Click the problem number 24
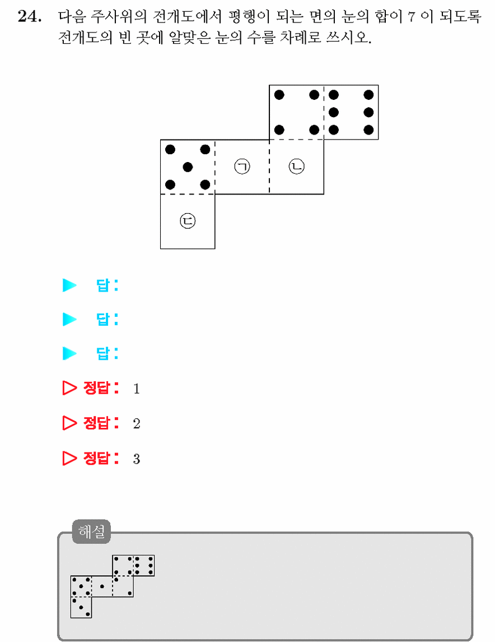(30, 17)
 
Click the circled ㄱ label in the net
(242, 167)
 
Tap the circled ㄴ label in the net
(296, 166)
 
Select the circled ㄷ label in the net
(188, 221)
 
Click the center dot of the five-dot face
(188, 167)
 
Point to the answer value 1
(137, 389)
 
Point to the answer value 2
(137, 423)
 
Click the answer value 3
(137, 459)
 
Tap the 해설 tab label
(92, 532)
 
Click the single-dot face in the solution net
(102, 586)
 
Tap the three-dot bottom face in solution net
(81, 607)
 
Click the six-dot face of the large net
(351, 112)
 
